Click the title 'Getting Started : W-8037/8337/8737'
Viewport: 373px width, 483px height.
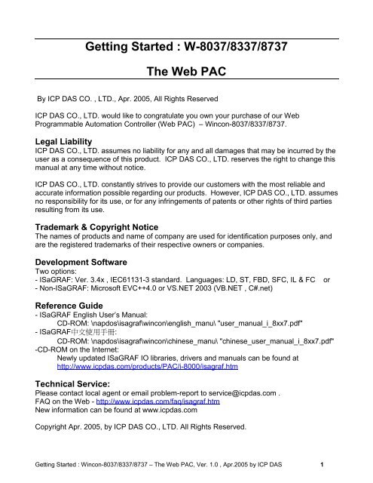click(x=186, y=51)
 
